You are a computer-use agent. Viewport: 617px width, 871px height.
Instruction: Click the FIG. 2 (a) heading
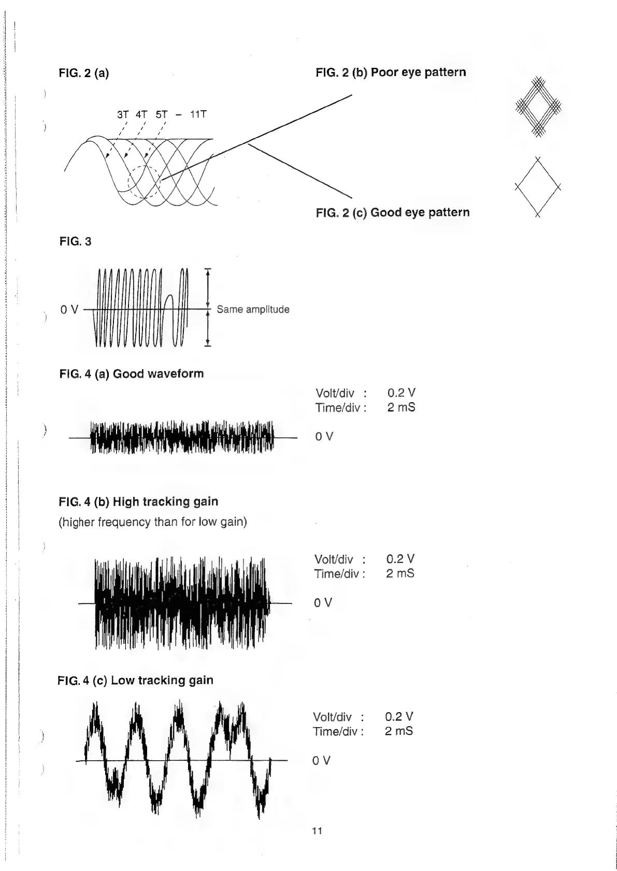pyautogui.click(x=84, y=73)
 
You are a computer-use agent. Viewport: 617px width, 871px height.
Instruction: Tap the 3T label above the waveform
pyautogui.click(x=123, y=114)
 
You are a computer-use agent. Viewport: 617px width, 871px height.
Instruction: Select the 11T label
pyautogui.click(x=198, y=114)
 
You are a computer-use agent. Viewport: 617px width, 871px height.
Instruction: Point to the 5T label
pyautogui.click(x=162, y=114)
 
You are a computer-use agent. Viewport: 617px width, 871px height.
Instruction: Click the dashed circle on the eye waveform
pyautogui.click(x=145, y=182)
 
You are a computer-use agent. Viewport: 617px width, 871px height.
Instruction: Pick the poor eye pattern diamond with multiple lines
pyautogui.click(x=539, y=107)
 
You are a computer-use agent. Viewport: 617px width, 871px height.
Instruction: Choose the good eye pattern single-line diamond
pyautogui.click(x=538, y=187)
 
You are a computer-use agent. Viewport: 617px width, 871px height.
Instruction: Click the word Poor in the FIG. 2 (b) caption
pyautogui.click(x=384, y=72)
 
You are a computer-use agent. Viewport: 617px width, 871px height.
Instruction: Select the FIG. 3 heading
pyautogui.click(x=75, y=242)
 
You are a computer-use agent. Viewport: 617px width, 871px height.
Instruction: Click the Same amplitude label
pyautogui.click(x=253, y=309)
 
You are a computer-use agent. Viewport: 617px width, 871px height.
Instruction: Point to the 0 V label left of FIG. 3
pyautogui.click(x=69, y=310)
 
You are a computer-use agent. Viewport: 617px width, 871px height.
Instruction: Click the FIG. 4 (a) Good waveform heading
pyautogui.click(x=132, y=374)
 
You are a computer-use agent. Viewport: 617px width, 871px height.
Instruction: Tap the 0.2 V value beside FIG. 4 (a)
pyautogui.click(x=401, y=393)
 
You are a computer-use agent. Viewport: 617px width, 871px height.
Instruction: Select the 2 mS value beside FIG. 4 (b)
pyautogui.click(x=400, y=573)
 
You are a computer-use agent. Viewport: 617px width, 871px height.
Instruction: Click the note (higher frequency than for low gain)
pyautogui.click(x=152, y=522)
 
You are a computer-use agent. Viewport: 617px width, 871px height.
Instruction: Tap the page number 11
pyautogui.click(x=317, y=831)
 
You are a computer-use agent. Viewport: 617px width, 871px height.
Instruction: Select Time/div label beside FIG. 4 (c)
pyautogui.click(x=338, y=731)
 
